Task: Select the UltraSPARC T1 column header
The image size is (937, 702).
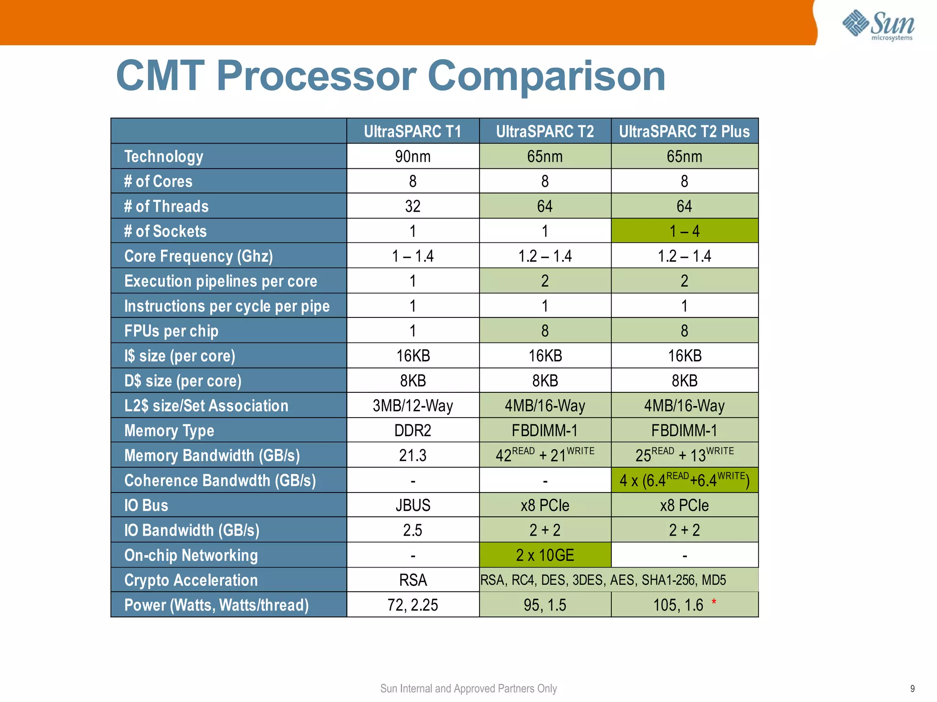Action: (x=412, y=132)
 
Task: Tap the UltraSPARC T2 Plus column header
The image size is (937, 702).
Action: (x=684, y=132)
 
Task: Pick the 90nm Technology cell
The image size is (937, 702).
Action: (x=412, y=156)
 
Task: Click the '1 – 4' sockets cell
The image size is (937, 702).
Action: (x=684, y=231)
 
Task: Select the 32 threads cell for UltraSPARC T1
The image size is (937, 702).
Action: (x=412, y=206)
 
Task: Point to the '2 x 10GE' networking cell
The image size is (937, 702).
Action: (x=544, y=555)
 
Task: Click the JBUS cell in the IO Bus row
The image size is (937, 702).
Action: (x=412, y=505)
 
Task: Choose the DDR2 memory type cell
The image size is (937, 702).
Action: (x=412, y=430)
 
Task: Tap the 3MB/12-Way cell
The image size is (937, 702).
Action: (x=412, y=406)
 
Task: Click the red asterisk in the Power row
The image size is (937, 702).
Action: (x=714, y=602)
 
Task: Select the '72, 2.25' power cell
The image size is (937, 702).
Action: (x=412, y=605)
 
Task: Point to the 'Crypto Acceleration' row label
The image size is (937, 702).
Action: (x=191, y=580)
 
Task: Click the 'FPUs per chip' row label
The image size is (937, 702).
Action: (x=171, y=331)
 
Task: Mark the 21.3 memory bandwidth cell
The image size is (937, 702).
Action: (x=412, y=455)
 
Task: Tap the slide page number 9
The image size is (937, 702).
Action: (x=912, y=689)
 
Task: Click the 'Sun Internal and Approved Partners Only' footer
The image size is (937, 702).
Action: (x=468, y=689)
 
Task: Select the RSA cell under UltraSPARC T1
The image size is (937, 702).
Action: (x=412, y=580)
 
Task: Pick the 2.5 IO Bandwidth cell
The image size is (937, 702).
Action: (x=412, y=530)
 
